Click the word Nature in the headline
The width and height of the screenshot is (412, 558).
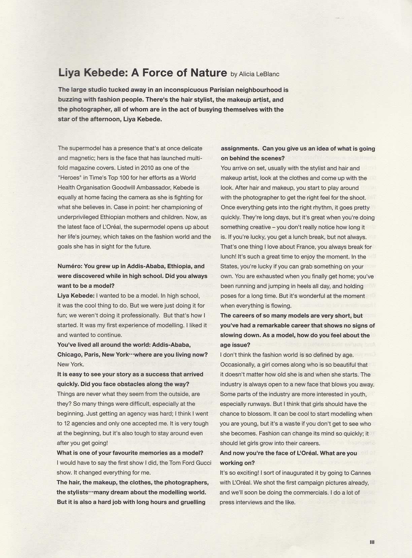pos(209,73)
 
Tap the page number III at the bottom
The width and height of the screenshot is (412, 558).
pos(372,542)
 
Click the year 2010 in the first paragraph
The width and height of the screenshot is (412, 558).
pos(148,168)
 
